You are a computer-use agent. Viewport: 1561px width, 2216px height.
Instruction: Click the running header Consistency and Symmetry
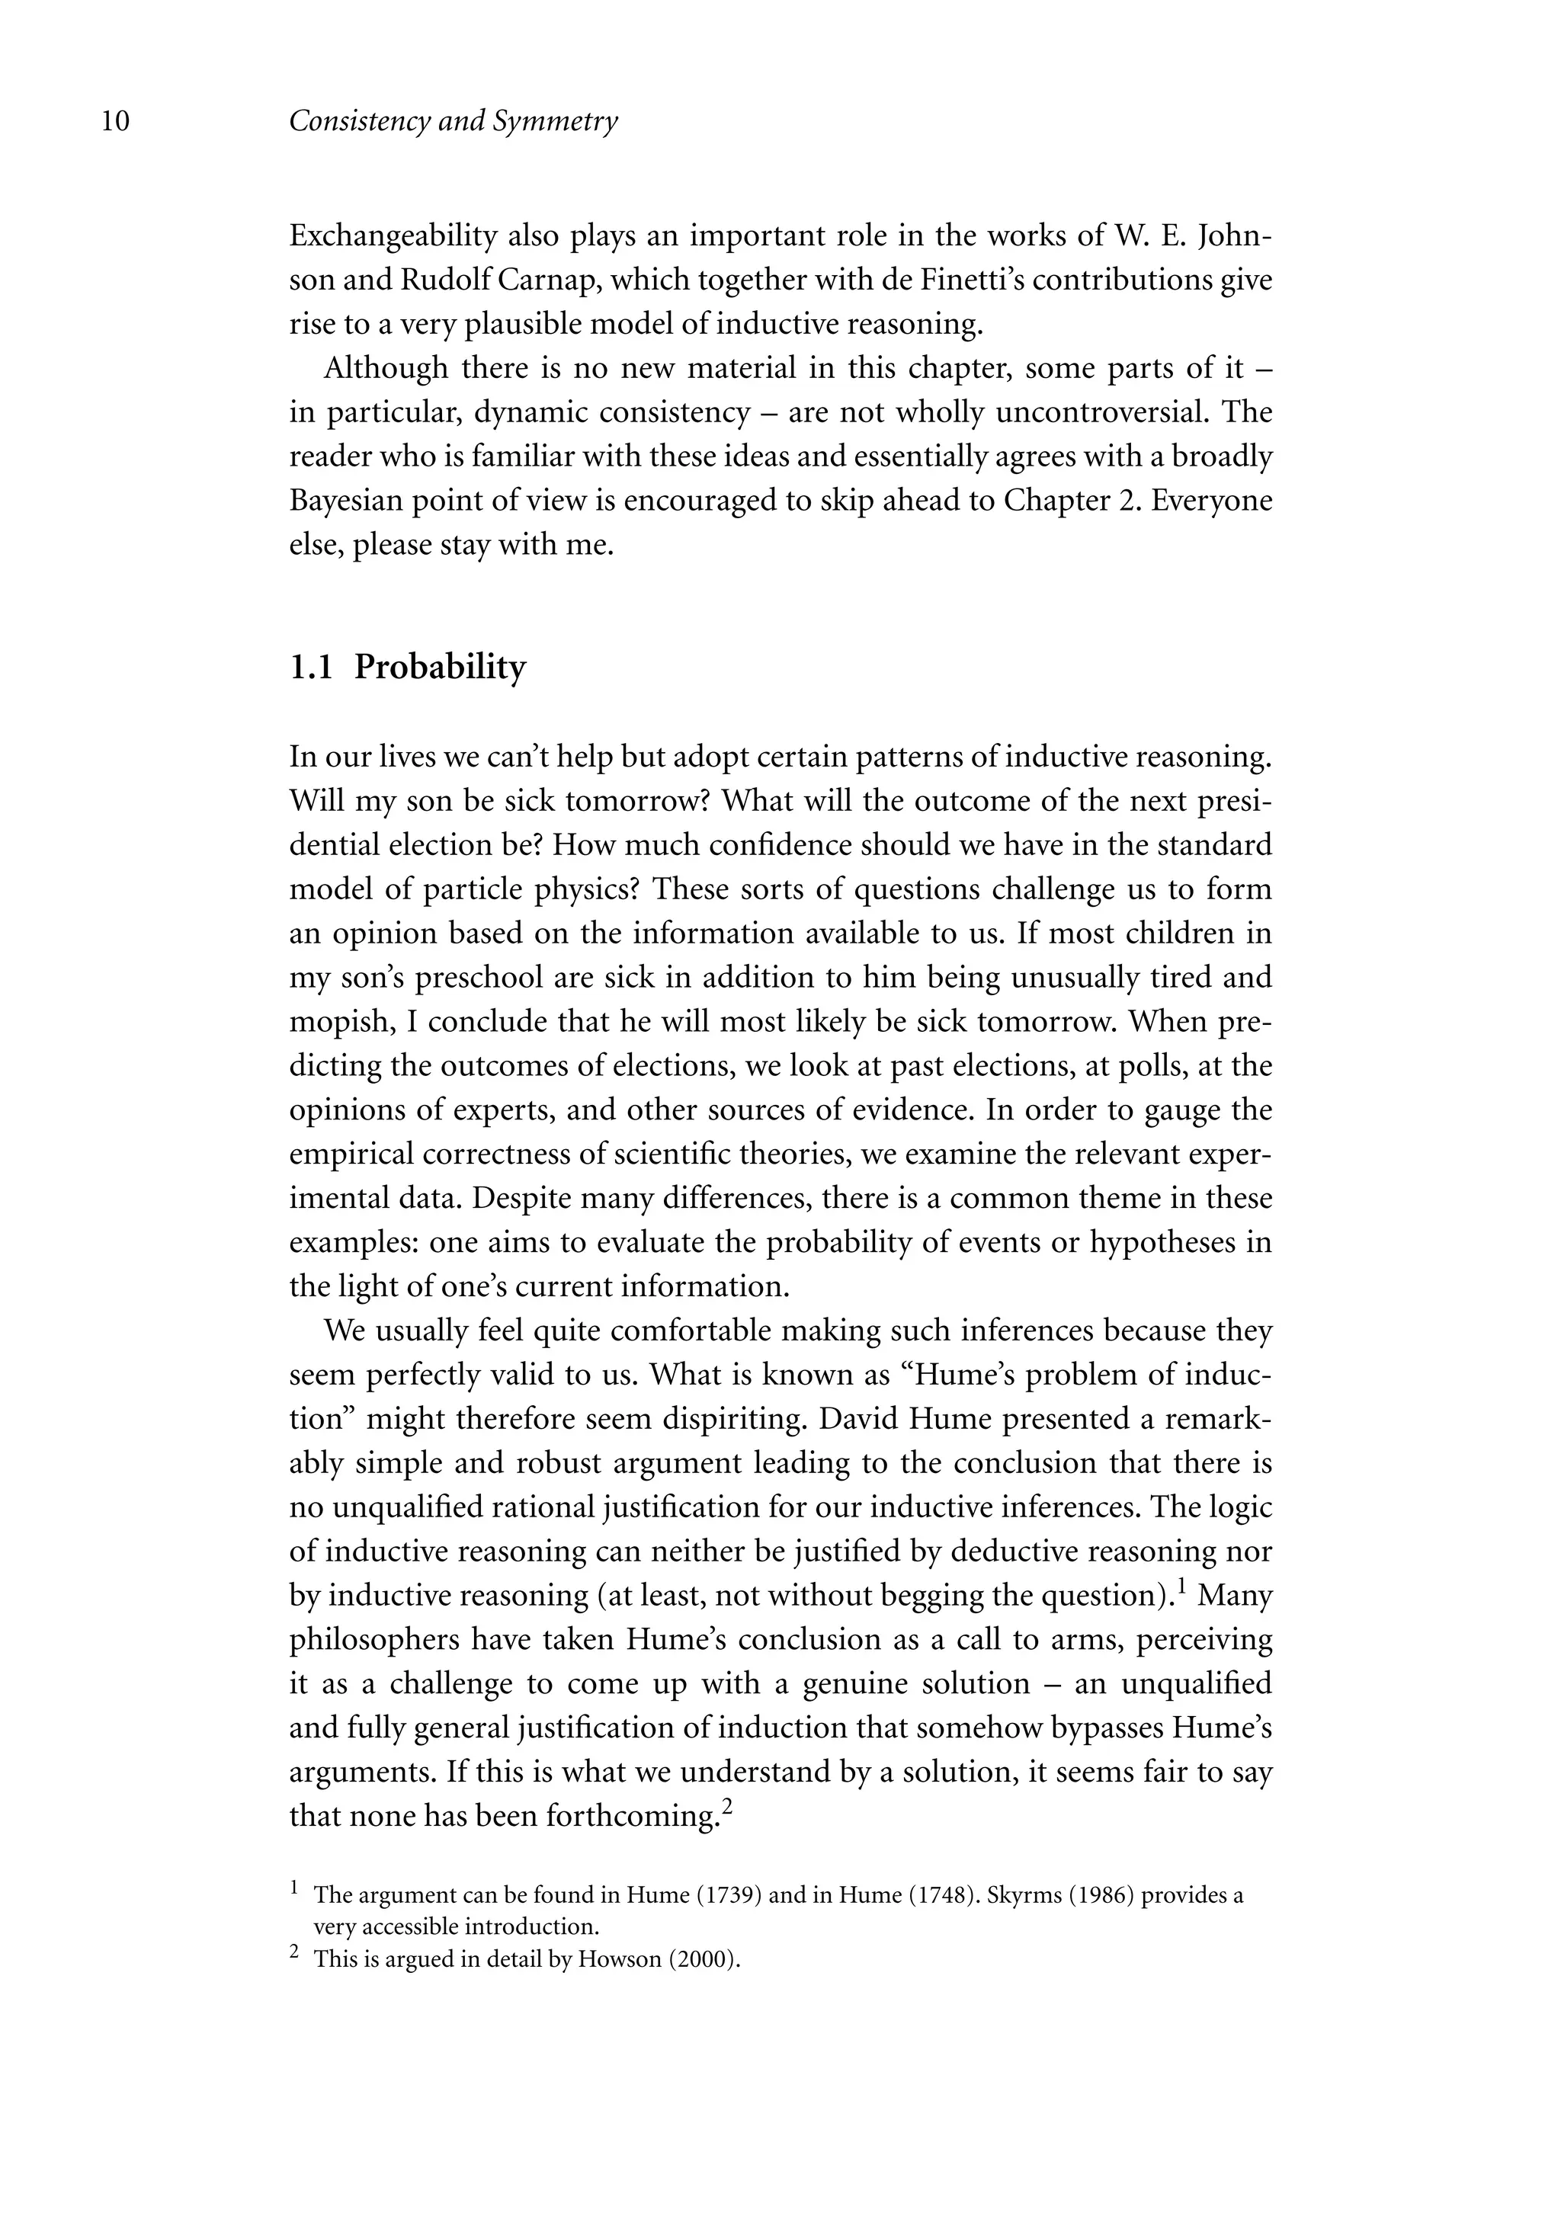(453, 122)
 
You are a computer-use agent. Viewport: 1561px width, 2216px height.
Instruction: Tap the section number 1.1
(311, 667)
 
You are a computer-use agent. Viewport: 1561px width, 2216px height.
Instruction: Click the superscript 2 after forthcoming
(728, 1807)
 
